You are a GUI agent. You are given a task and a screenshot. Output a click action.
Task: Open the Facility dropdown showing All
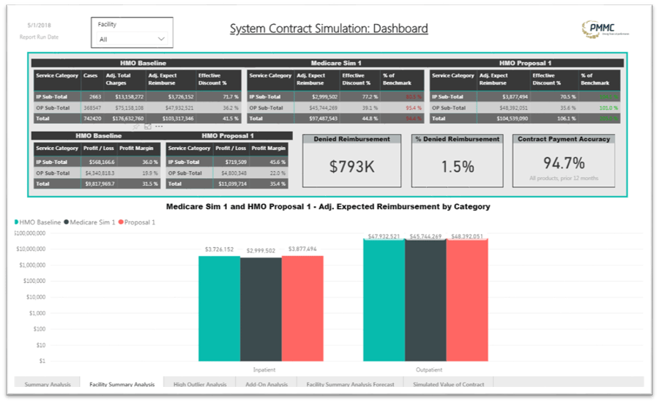click(x=132, y=39)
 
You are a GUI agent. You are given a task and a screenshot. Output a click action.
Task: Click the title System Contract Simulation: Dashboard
click(x=329, y=29)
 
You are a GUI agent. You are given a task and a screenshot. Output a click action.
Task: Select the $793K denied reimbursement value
click(x=351, y=166)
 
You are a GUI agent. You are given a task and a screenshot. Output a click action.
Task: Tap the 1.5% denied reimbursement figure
click(x=457, y=166)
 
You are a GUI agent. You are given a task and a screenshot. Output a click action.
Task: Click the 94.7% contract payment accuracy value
click(x=564, y=162)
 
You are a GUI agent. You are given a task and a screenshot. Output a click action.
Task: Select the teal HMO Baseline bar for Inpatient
click(x=219, y=308)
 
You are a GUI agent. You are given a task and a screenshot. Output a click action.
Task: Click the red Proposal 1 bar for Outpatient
click(x=466, y=300)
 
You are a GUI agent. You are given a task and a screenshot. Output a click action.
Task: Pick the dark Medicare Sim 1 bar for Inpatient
click(x=261, y=309)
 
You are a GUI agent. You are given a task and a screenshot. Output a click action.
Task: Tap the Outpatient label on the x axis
click(x=428, y=369)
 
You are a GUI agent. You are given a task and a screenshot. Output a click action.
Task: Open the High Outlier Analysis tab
click(x=199, y=384)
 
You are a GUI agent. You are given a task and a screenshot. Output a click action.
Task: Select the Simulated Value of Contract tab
click(x=449, y=384)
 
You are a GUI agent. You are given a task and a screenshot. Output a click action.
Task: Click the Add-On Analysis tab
click(x=267, y=384)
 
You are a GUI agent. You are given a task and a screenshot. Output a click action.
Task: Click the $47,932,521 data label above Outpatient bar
click(x=384, y=236)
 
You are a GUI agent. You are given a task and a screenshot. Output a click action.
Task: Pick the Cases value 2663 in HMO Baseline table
click(x=94, y=97)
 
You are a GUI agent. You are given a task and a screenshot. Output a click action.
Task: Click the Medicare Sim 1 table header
click(x=335, y=64)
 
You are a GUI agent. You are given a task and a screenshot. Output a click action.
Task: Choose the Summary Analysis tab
click(x=48, y=384)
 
